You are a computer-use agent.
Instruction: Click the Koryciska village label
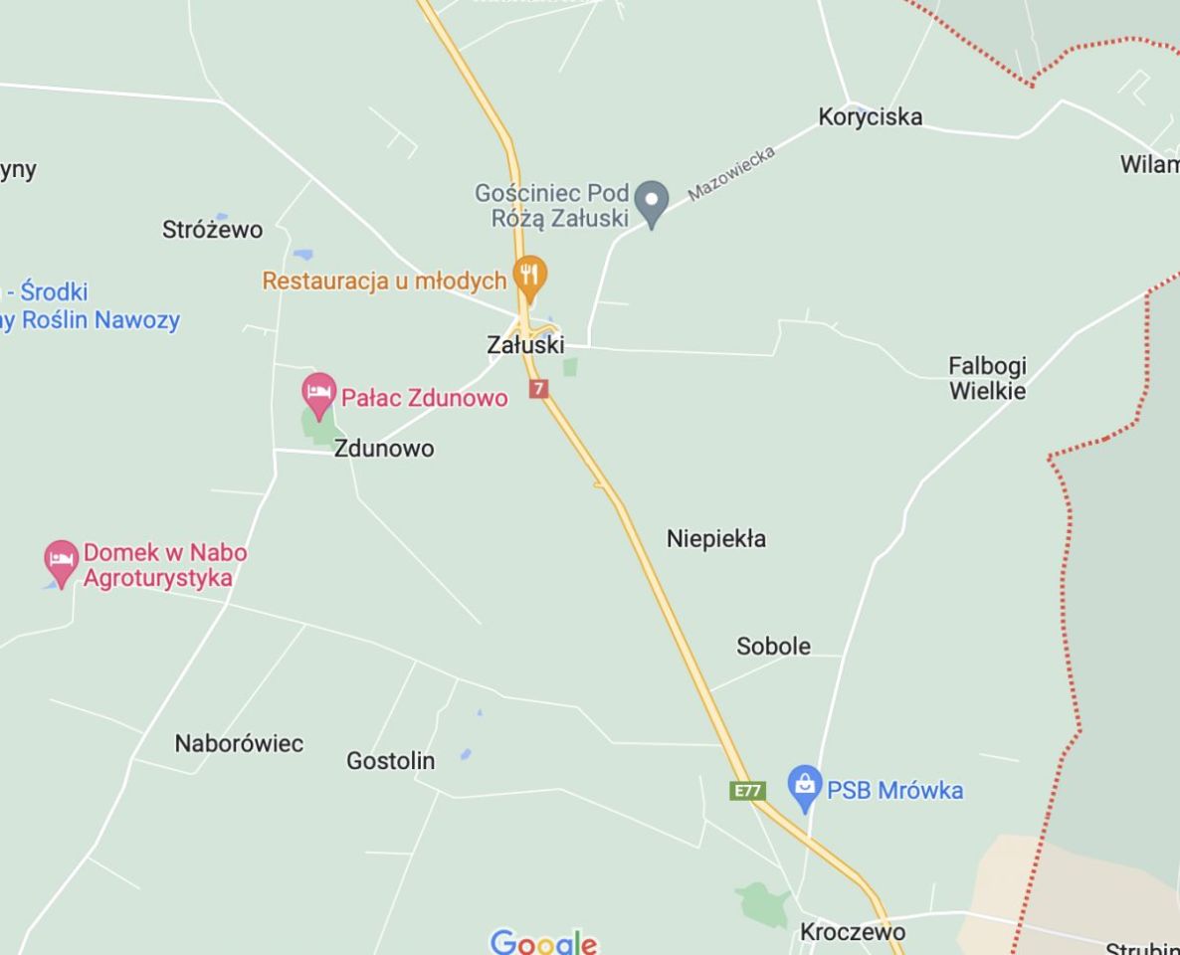click(x=870, y=116)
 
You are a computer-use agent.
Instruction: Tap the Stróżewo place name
click(x=212, y=230)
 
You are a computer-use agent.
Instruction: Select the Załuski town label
click(x=525, y=345)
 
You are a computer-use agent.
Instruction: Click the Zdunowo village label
click(x=383, y=449)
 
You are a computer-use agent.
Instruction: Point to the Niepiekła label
click(x=715, y=539)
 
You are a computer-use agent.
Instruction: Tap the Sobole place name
click(x=773, y=647)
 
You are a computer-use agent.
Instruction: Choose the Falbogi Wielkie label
click(x=987, y=379)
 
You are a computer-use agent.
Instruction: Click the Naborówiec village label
click(x=239, y=744)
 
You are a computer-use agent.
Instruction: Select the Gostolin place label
click(x=390, y=761)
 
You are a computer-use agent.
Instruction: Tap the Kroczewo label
click(x=853, y=932)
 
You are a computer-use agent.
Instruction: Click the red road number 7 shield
click(x=538, y=388)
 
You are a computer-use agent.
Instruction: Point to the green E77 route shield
click(x=746, y=791)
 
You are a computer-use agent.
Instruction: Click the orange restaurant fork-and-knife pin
click(x=529, y=276)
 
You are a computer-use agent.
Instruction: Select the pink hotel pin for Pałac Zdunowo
click(x=318, y=393)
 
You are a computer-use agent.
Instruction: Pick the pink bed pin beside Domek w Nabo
click(x=62, y=561)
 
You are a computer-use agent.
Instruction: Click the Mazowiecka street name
click(x=730, y=173)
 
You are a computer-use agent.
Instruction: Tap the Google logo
click(x=543, y=942)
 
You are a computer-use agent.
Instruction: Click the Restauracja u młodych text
click(x=384, y=282)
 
